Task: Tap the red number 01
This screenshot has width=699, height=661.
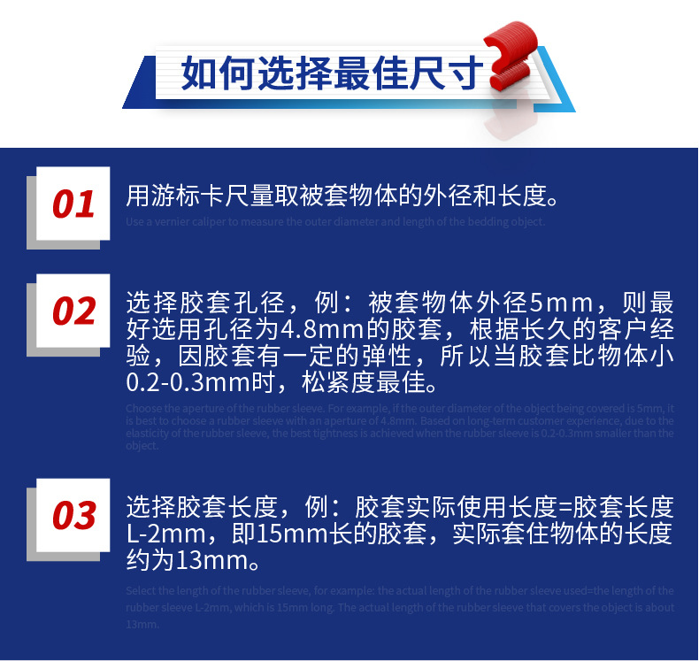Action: click(x=73, y=204)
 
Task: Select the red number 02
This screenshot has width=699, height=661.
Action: click(x=73, y=311)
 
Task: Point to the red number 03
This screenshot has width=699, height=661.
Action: click(x=73, y=515)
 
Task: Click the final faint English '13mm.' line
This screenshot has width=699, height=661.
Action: click(x=142, y=624)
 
